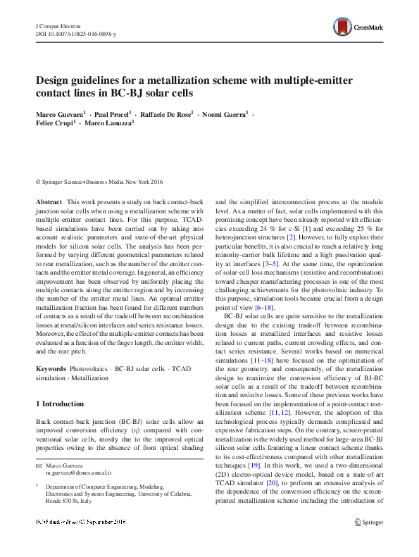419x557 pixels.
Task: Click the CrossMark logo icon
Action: point(343,27)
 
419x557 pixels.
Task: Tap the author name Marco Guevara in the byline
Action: point(59,113)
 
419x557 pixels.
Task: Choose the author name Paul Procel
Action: point(111,113)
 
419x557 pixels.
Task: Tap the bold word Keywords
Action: point(51,369)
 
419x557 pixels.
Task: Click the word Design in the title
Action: point(57,80)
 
